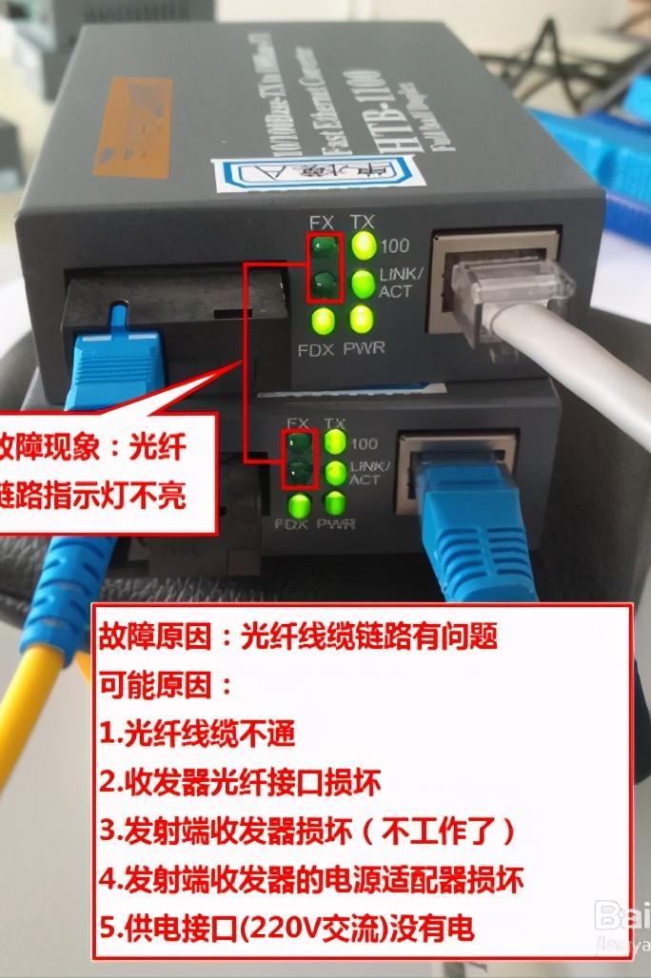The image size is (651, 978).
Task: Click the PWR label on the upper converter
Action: [365, 347]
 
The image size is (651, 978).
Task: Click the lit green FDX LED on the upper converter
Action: [324, 319]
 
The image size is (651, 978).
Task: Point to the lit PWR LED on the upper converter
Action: [360, 317]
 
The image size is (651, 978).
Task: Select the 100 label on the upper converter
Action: [394, 246]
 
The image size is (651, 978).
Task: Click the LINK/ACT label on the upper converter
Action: [397, 283]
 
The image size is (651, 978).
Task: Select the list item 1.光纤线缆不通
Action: [198, 733]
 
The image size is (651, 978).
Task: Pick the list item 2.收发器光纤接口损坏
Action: [240, 782]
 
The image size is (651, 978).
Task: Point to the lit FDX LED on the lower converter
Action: [301, 503]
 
